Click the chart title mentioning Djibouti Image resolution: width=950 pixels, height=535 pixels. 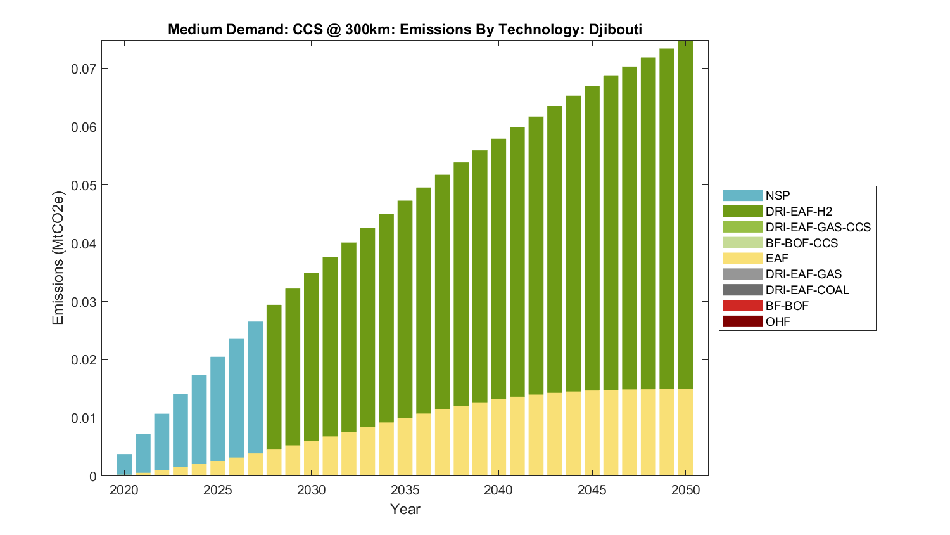click(405, 29)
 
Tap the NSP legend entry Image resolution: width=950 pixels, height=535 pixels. click(777, 196)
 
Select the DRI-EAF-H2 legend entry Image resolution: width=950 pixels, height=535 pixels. click(798, 212)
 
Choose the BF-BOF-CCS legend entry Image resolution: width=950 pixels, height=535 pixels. click(801, 243)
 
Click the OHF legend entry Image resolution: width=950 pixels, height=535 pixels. click(778, 322)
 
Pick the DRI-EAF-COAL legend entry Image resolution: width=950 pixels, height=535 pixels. click(807, 290)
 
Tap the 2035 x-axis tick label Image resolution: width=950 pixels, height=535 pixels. click(405, 490)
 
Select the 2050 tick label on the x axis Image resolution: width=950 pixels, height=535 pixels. click(686, 490)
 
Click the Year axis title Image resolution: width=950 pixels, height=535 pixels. click(405, 510)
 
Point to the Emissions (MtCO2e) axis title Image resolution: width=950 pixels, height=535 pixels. click(58, 257)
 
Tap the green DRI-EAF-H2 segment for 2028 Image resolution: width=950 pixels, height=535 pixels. click(274, 377)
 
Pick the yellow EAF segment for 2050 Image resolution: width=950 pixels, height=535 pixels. click(686, 432)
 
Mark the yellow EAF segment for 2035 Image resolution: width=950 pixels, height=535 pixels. click(405, 447)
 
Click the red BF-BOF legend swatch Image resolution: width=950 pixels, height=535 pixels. click(742, 306)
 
